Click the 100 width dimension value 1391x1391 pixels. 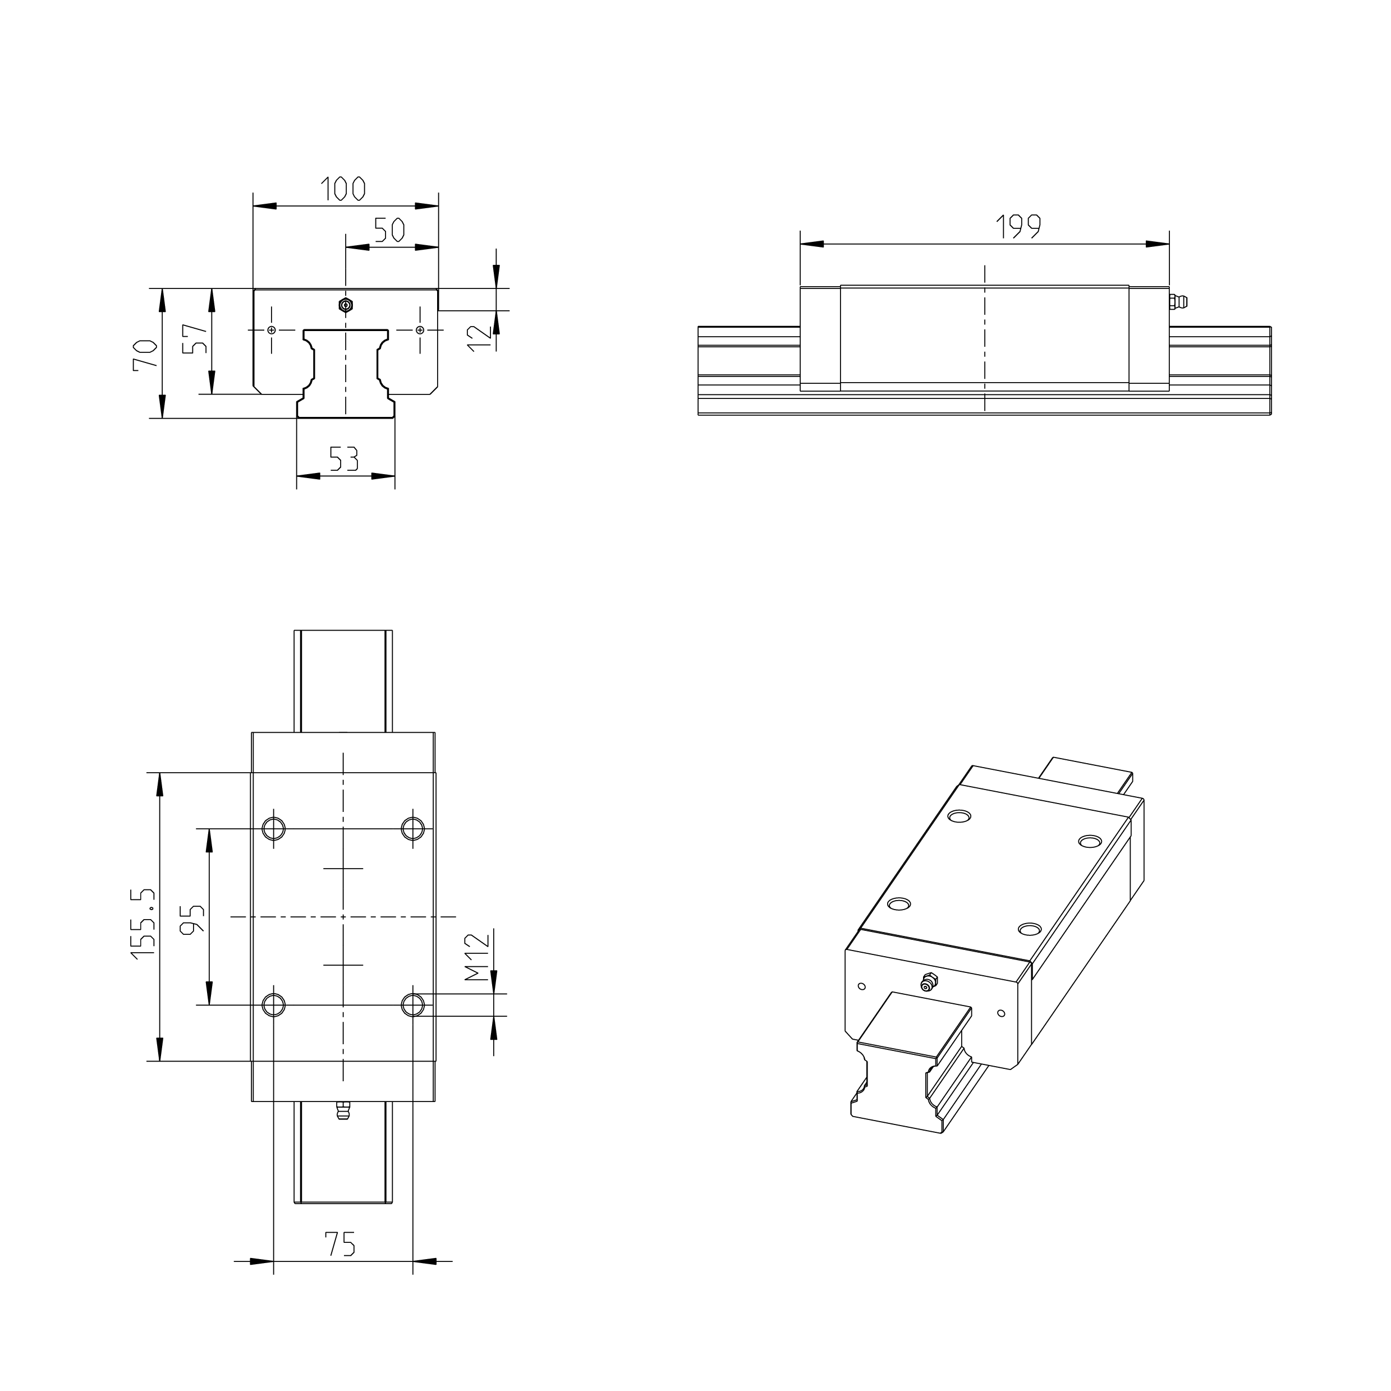343,189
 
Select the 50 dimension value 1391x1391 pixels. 389,231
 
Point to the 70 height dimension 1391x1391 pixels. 145,354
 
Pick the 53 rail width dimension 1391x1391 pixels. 343,458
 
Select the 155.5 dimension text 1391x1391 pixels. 143,924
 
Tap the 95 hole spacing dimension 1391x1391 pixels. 193,920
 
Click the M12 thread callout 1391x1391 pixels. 476,958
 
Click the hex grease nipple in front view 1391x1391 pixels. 346,305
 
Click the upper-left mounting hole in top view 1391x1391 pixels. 274,828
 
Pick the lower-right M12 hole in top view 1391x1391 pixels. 412,1004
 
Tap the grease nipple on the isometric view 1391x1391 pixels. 929,981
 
